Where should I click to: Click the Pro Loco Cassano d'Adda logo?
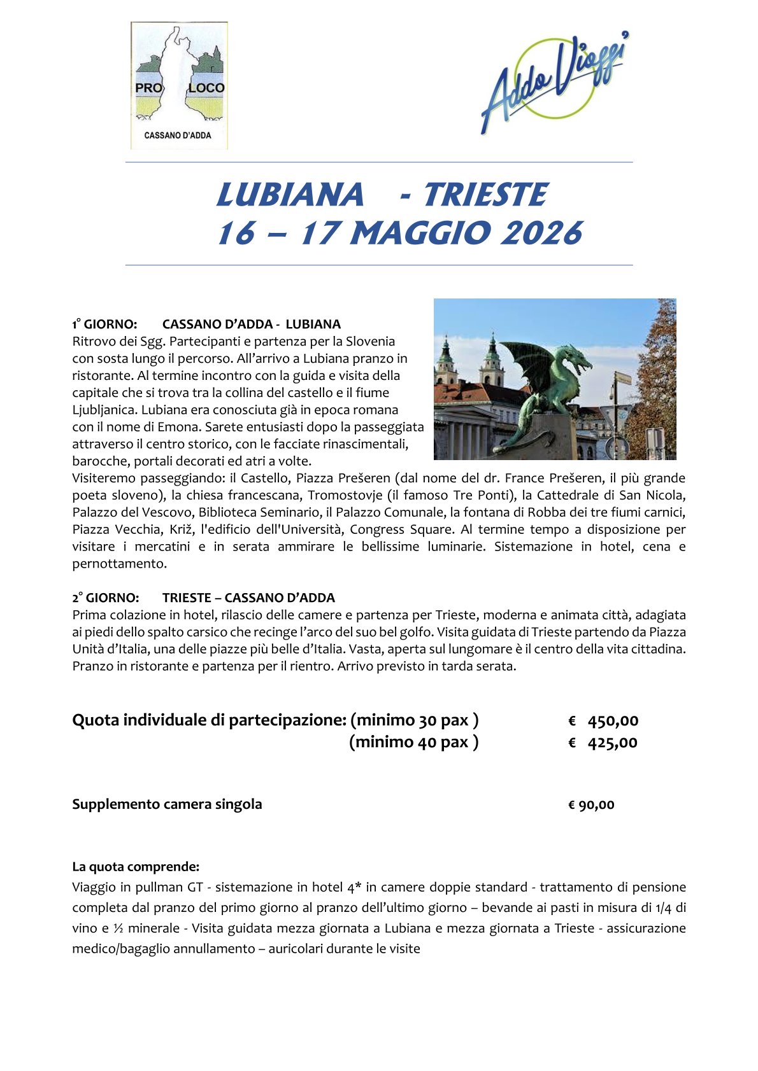[x=179, y=86]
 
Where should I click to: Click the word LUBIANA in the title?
[x=290, y=195]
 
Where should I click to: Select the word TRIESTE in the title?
[x=484, y=195]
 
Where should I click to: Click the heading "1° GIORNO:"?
[x=104, y=325]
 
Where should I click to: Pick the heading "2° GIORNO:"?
[x=105, y=598]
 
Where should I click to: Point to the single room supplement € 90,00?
[x=591, y=805]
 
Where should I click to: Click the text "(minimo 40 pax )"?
[x=413, y=742]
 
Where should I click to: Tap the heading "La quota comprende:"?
[x=136, y=867]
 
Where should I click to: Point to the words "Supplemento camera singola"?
[x=167, y=804]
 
